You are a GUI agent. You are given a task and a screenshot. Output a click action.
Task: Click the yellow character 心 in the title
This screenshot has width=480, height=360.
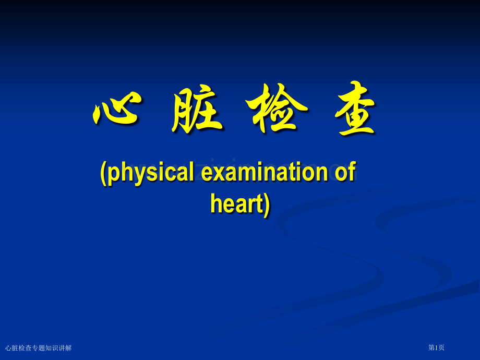pyautogui.click(x=116, y=109)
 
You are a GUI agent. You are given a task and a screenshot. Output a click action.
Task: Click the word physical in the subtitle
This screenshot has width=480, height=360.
pyautogui.click(x=150, y=173)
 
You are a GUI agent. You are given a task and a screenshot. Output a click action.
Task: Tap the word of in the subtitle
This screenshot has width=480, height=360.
pyautogui.click(x=344, y=172)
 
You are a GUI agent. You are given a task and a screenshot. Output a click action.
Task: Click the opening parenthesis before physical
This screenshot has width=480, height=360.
pyautogui.click(x=103, y=173)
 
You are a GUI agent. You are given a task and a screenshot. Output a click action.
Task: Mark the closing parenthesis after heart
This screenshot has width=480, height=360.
pyautogui.click(x=267, y=205)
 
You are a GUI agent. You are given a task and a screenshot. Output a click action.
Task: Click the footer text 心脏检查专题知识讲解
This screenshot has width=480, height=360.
pyautogui.click(x=39, y=347)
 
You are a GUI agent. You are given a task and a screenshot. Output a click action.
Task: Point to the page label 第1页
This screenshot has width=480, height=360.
pyautogui.click(x=436, y=347)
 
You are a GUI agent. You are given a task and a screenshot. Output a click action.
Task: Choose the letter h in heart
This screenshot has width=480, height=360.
pyautogui.click(x=216, y=203)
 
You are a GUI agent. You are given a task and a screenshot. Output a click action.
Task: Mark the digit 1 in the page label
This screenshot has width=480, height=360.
pyautogui.click(x=436, y=347)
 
